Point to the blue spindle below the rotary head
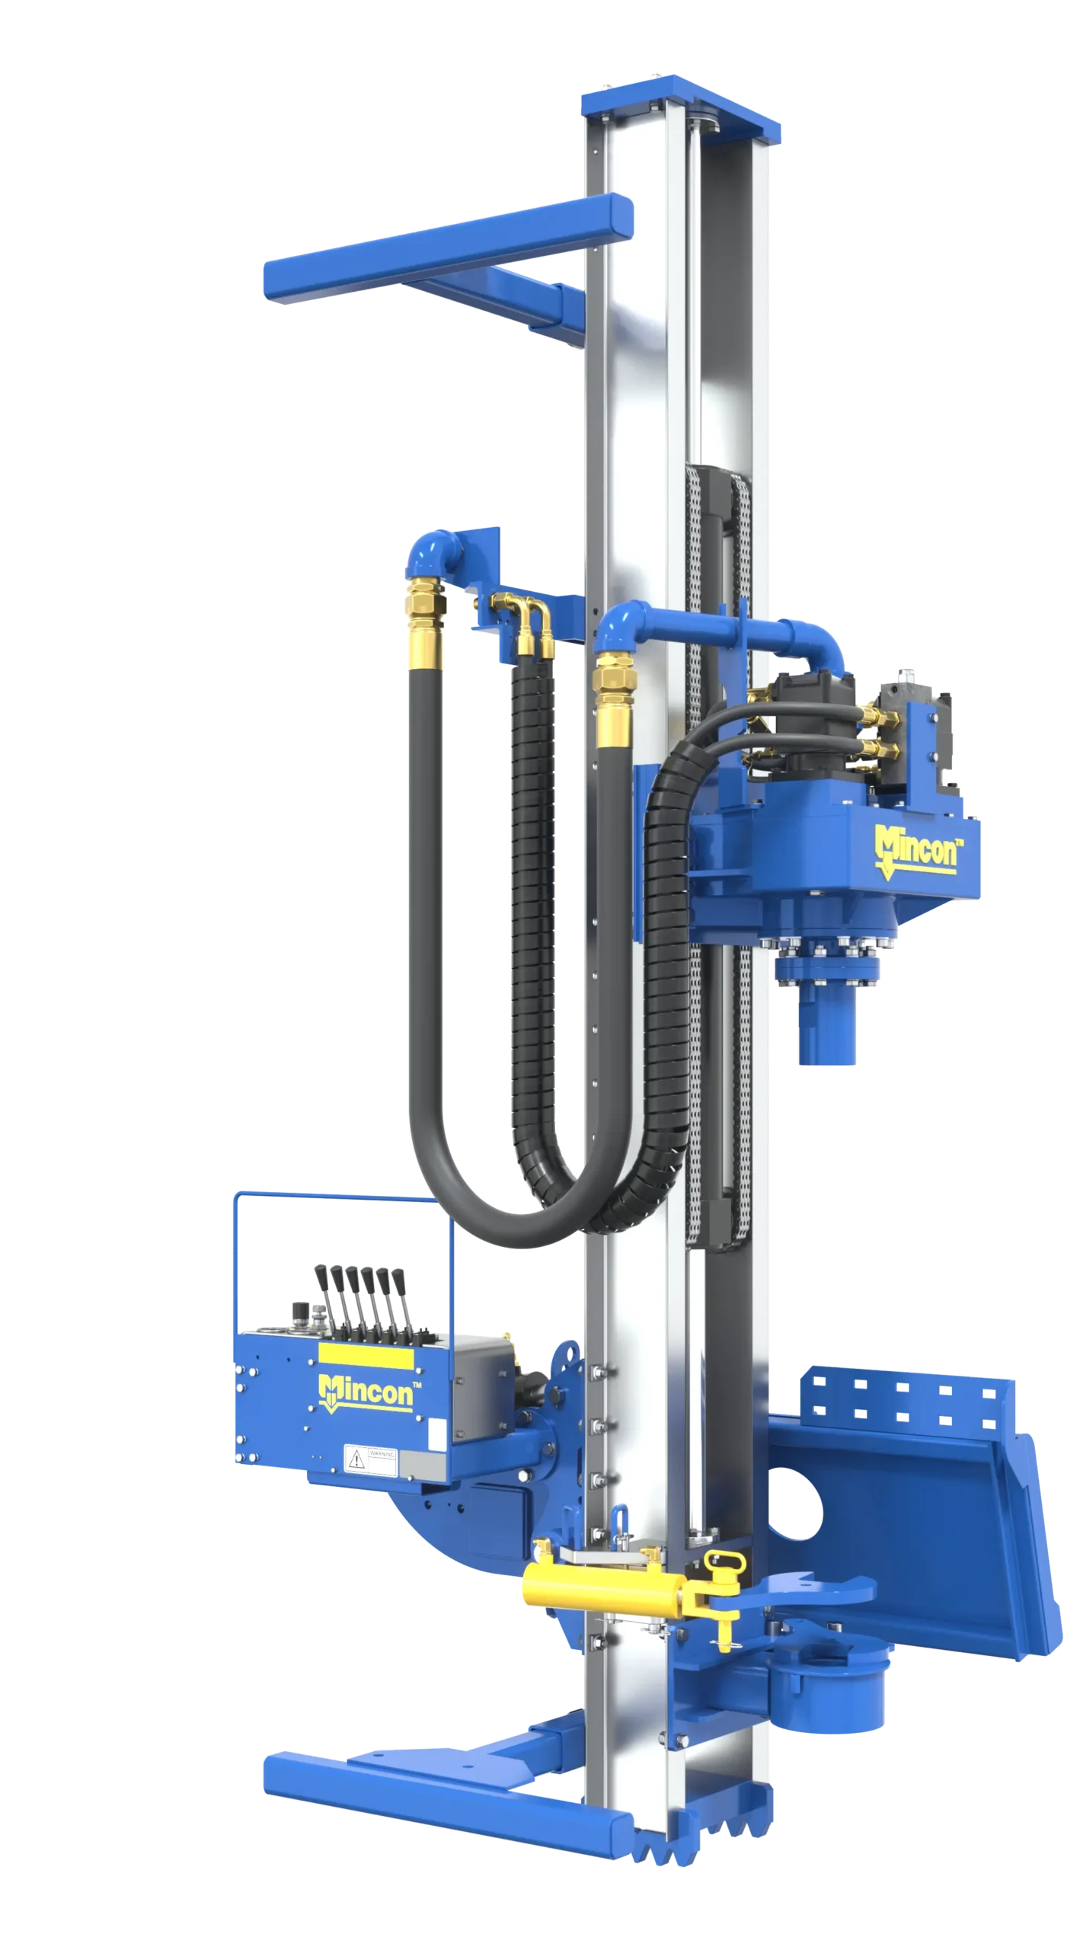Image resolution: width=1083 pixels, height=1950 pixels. tap(827, 1036)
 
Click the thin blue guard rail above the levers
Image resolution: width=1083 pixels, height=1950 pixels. tap(343, 1195)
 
